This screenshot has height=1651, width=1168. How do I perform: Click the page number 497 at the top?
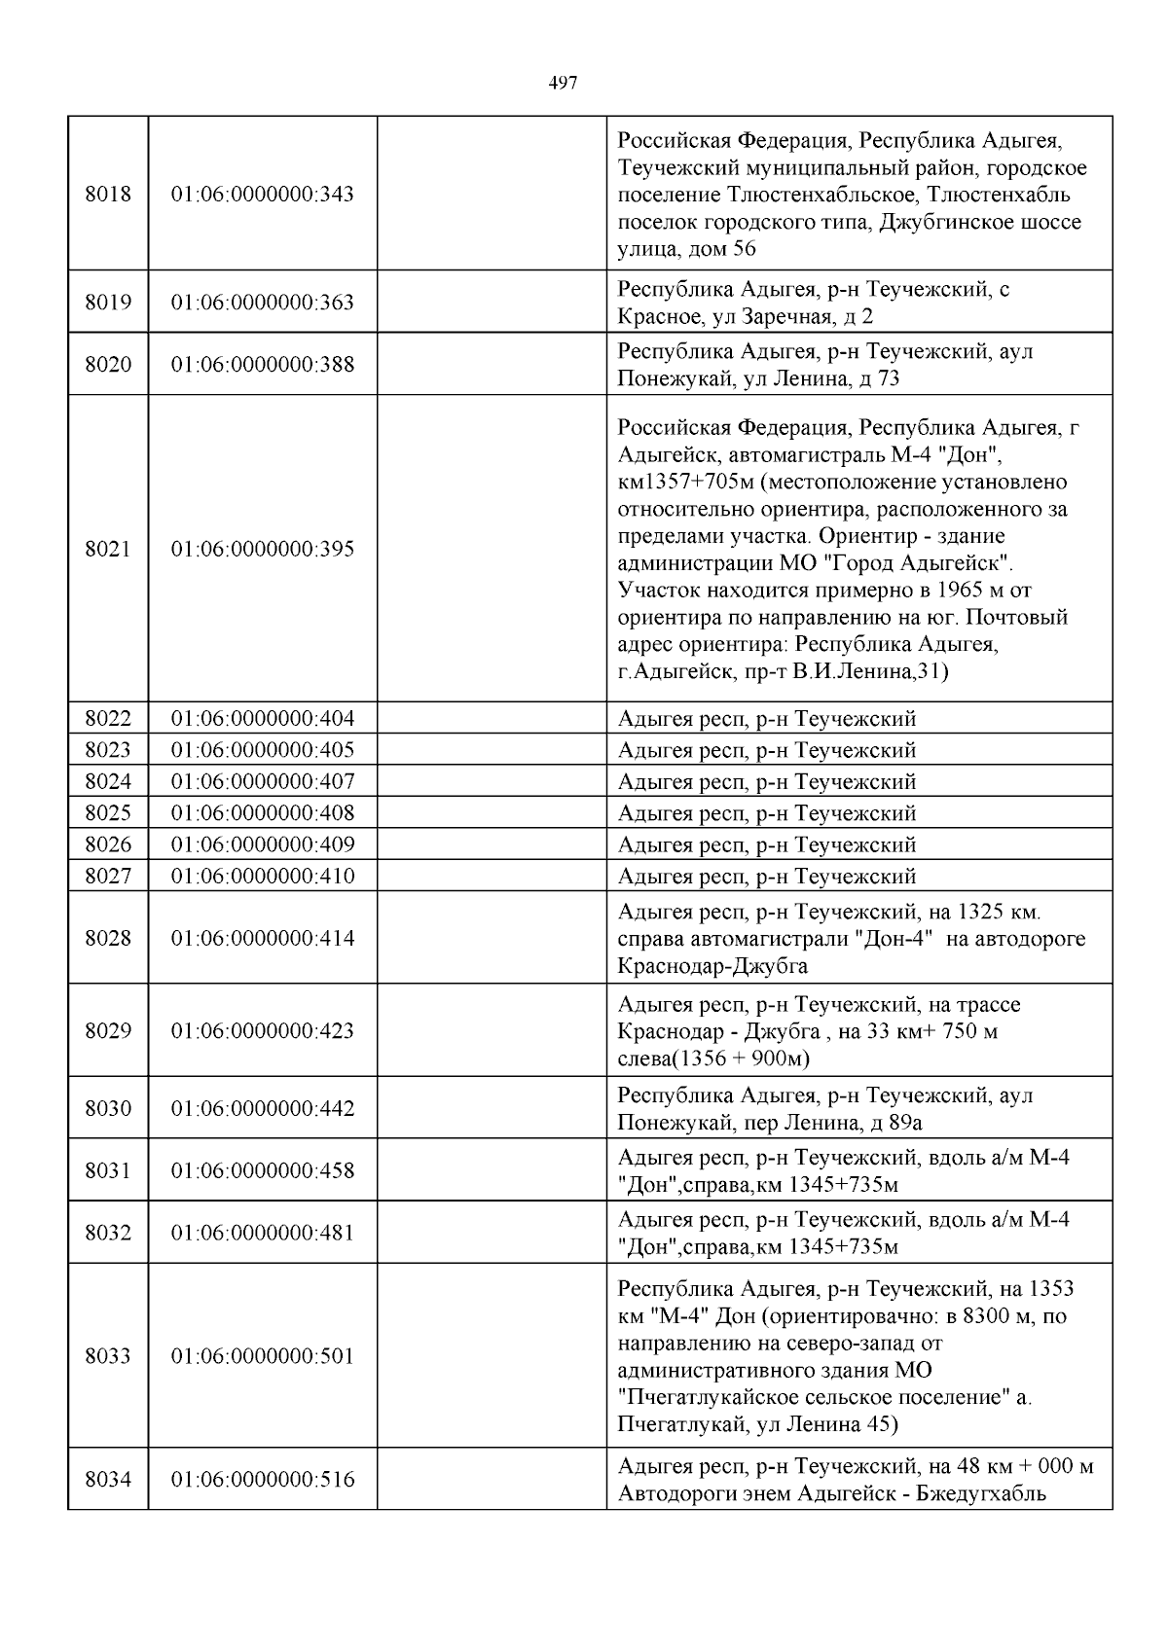pyautogui.click(x=563, y=84)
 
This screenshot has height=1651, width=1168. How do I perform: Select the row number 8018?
pyautogui.click(x=108, y=194)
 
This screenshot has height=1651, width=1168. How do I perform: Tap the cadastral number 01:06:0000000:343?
pyautogui.click(x=263, y=194)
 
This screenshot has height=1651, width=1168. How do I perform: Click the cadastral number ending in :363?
pyautogui.click(x=263, y=303)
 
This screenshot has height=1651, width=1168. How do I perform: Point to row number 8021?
pyautogui.click(x=108, y=549)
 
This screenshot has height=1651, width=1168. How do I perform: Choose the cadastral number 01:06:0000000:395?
pyautogui.click(x=263, y=549)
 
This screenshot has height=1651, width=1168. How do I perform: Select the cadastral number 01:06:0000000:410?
pyautogui.click(x=263, y=876)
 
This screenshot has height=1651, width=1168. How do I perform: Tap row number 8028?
pyautogui.click(x=108, y=939)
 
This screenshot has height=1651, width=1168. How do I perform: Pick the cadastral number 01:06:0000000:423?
pyautogui.click(x=263, y=1031)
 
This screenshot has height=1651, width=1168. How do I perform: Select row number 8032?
pyautogui.click(x=108, y=1233)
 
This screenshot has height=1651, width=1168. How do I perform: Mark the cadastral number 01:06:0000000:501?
pyautogui.click(x=263, y=1356)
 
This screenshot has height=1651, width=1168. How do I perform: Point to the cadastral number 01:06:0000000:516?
pyautogui.click(x=263, y=1480)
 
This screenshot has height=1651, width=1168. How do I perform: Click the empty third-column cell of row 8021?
pyautogui.click(x=492, y=549)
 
